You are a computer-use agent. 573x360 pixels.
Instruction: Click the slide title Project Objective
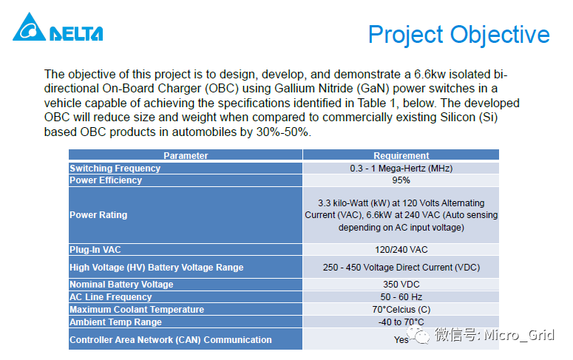point(458,34)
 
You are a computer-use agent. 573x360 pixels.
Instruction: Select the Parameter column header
point(186,155)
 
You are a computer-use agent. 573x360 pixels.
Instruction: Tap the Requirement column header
point(401,155)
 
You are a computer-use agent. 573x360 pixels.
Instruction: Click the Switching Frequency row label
point(115,168)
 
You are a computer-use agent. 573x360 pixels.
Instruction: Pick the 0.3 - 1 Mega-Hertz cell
point(401,168)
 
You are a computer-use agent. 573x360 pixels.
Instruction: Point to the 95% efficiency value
point(401,180)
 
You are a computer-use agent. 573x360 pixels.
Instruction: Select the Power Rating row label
point(98,215)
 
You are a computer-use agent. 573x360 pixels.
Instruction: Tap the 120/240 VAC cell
point(401,250)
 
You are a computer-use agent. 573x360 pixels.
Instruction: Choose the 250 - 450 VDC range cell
point(401,267)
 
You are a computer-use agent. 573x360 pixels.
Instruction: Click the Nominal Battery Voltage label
point(121,285)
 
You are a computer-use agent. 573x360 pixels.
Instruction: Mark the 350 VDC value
point(401,285)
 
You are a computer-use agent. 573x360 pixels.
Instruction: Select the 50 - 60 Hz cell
point(401,297)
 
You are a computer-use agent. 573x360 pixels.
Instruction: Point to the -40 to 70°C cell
point(401,322)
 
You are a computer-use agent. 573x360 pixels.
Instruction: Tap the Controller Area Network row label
point(171,340)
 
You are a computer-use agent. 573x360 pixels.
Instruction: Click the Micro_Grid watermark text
point(518,336)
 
